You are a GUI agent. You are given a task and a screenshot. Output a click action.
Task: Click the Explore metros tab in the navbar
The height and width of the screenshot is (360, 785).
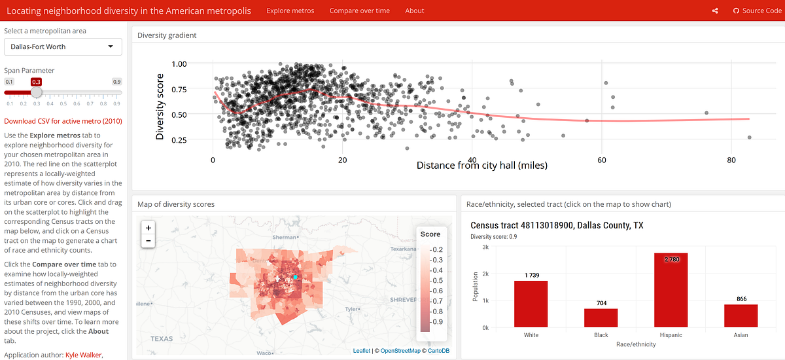coord(290,10)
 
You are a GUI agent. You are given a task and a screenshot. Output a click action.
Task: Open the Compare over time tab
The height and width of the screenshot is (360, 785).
coord(359,10)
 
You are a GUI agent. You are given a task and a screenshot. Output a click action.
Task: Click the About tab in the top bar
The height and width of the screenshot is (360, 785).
coord(415,10)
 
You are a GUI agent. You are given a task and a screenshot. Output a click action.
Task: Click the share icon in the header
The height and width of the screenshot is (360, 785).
coord(715,10)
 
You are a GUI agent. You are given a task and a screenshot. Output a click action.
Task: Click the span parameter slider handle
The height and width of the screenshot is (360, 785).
coord(37,92)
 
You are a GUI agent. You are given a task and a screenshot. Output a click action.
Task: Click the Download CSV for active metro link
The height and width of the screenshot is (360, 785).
coord(63,121)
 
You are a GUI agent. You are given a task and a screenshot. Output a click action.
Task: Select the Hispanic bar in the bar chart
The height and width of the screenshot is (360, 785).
coord(671,290)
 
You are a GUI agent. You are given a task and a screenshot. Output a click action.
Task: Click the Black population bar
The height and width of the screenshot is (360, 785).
coord(601,317)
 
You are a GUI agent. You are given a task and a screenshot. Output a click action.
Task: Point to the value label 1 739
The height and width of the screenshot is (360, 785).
coord(531,276)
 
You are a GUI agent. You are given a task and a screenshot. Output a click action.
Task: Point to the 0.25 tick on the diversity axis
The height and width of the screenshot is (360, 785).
coord(179,139)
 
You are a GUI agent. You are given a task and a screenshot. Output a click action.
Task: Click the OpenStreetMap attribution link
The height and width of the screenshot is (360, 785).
coord(400,351)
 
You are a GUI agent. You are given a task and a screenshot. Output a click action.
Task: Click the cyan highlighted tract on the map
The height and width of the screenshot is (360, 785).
coord(296,278)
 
